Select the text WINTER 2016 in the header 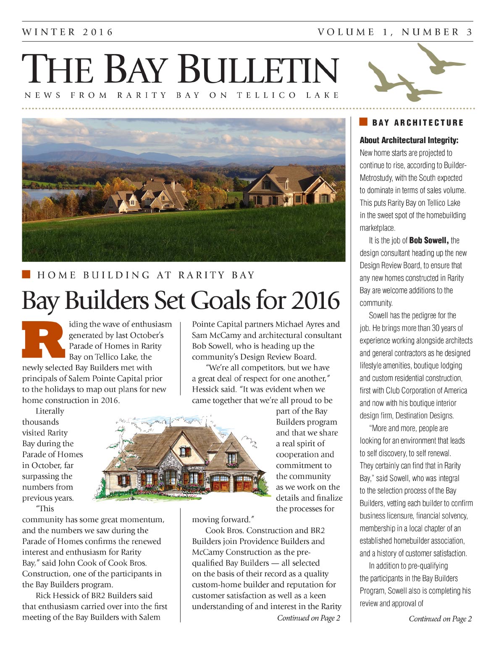pyautogui.click(x=68, y=32)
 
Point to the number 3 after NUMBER pyautogui.click(x=469, y=32)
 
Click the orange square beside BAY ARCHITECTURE pyautogui.click(x=363, y=122)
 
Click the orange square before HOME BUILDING pyautogui.click(x=26, y=275)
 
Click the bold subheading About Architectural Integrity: pyautogui.click(x=409, y=140)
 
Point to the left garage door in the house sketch pyautogui.click(x=220, y=483)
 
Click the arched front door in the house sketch pyautogui.click(x=170, y=479)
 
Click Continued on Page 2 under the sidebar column pyautogui.click(x=440, y=619)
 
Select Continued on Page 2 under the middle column pyautogui.click(x=308, y=618)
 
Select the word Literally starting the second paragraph pyautogui.click(x=50, y=411)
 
